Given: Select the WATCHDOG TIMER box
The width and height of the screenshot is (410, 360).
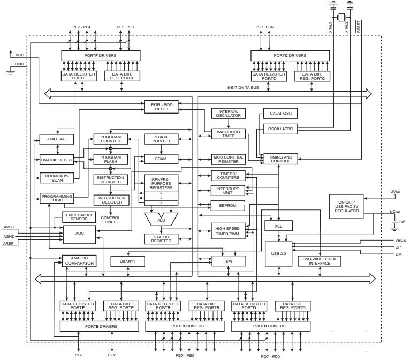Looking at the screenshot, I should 229,133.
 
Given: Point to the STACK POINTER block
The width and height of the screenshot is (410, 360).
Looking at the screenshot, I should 161,139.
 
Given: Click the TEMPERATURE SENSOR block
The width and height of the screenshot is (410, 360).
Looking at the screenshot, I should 79,217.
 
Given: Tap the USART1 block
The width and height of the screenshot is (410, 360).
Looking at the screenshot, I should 127,261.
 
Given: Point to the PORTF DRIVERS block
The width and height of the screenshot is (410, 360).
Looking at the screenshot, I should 101,55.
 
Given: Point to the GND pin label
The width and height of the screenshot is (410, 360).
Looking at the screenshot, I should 20,64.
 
